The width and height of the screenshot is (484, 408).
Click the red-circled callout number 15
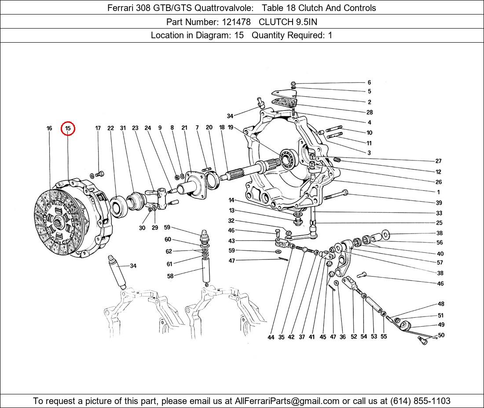pyautogui.click(x=68, y=128)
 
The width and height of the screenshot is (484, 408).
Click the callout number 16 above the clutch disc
pyautogui.click(x=49, y=128)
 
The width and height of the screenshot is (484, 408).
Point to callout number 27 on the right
pyautogui.click(x=438, y=161)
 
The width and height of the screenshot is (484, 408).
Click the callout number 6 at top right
pyautogui.click(x=369, y=83)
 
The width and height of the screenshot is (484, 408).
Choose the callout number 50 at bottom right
pyautogui.click(x=441, y=335)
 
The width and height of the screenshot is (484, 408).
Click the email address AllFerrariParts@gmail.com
pyautogui.click(x=287, y=401)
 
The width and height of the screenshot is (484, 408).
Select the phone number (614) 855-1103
pyautogui.click(x=420, y=401)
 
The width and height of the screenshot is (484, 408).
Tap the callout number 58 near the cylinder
pyautogui.click(x=170, y=276)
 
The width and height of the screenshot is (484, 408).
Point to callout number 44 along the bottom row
pyautogui.click(x=271, y=337)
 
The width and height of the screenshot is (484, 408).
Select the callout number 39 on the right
pyautogui.click(x=439, y=203)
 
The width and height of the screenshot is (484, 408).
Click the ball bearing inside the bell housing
pyautogui.click(x=288, y=159)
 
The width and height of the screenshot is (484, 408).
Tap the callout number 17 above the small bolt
pyautogui.click(x=98, y=128)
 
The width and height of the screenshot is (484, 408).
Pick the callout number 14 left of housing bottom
pyautogui.click(x=231, y=200)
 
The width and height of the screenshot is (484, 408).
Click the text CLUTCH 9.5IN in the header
pyautogui.click(x=288, y=22)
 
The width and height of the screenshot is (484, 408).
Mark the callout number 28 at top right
pyautogui.click(x=370, y=113)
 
